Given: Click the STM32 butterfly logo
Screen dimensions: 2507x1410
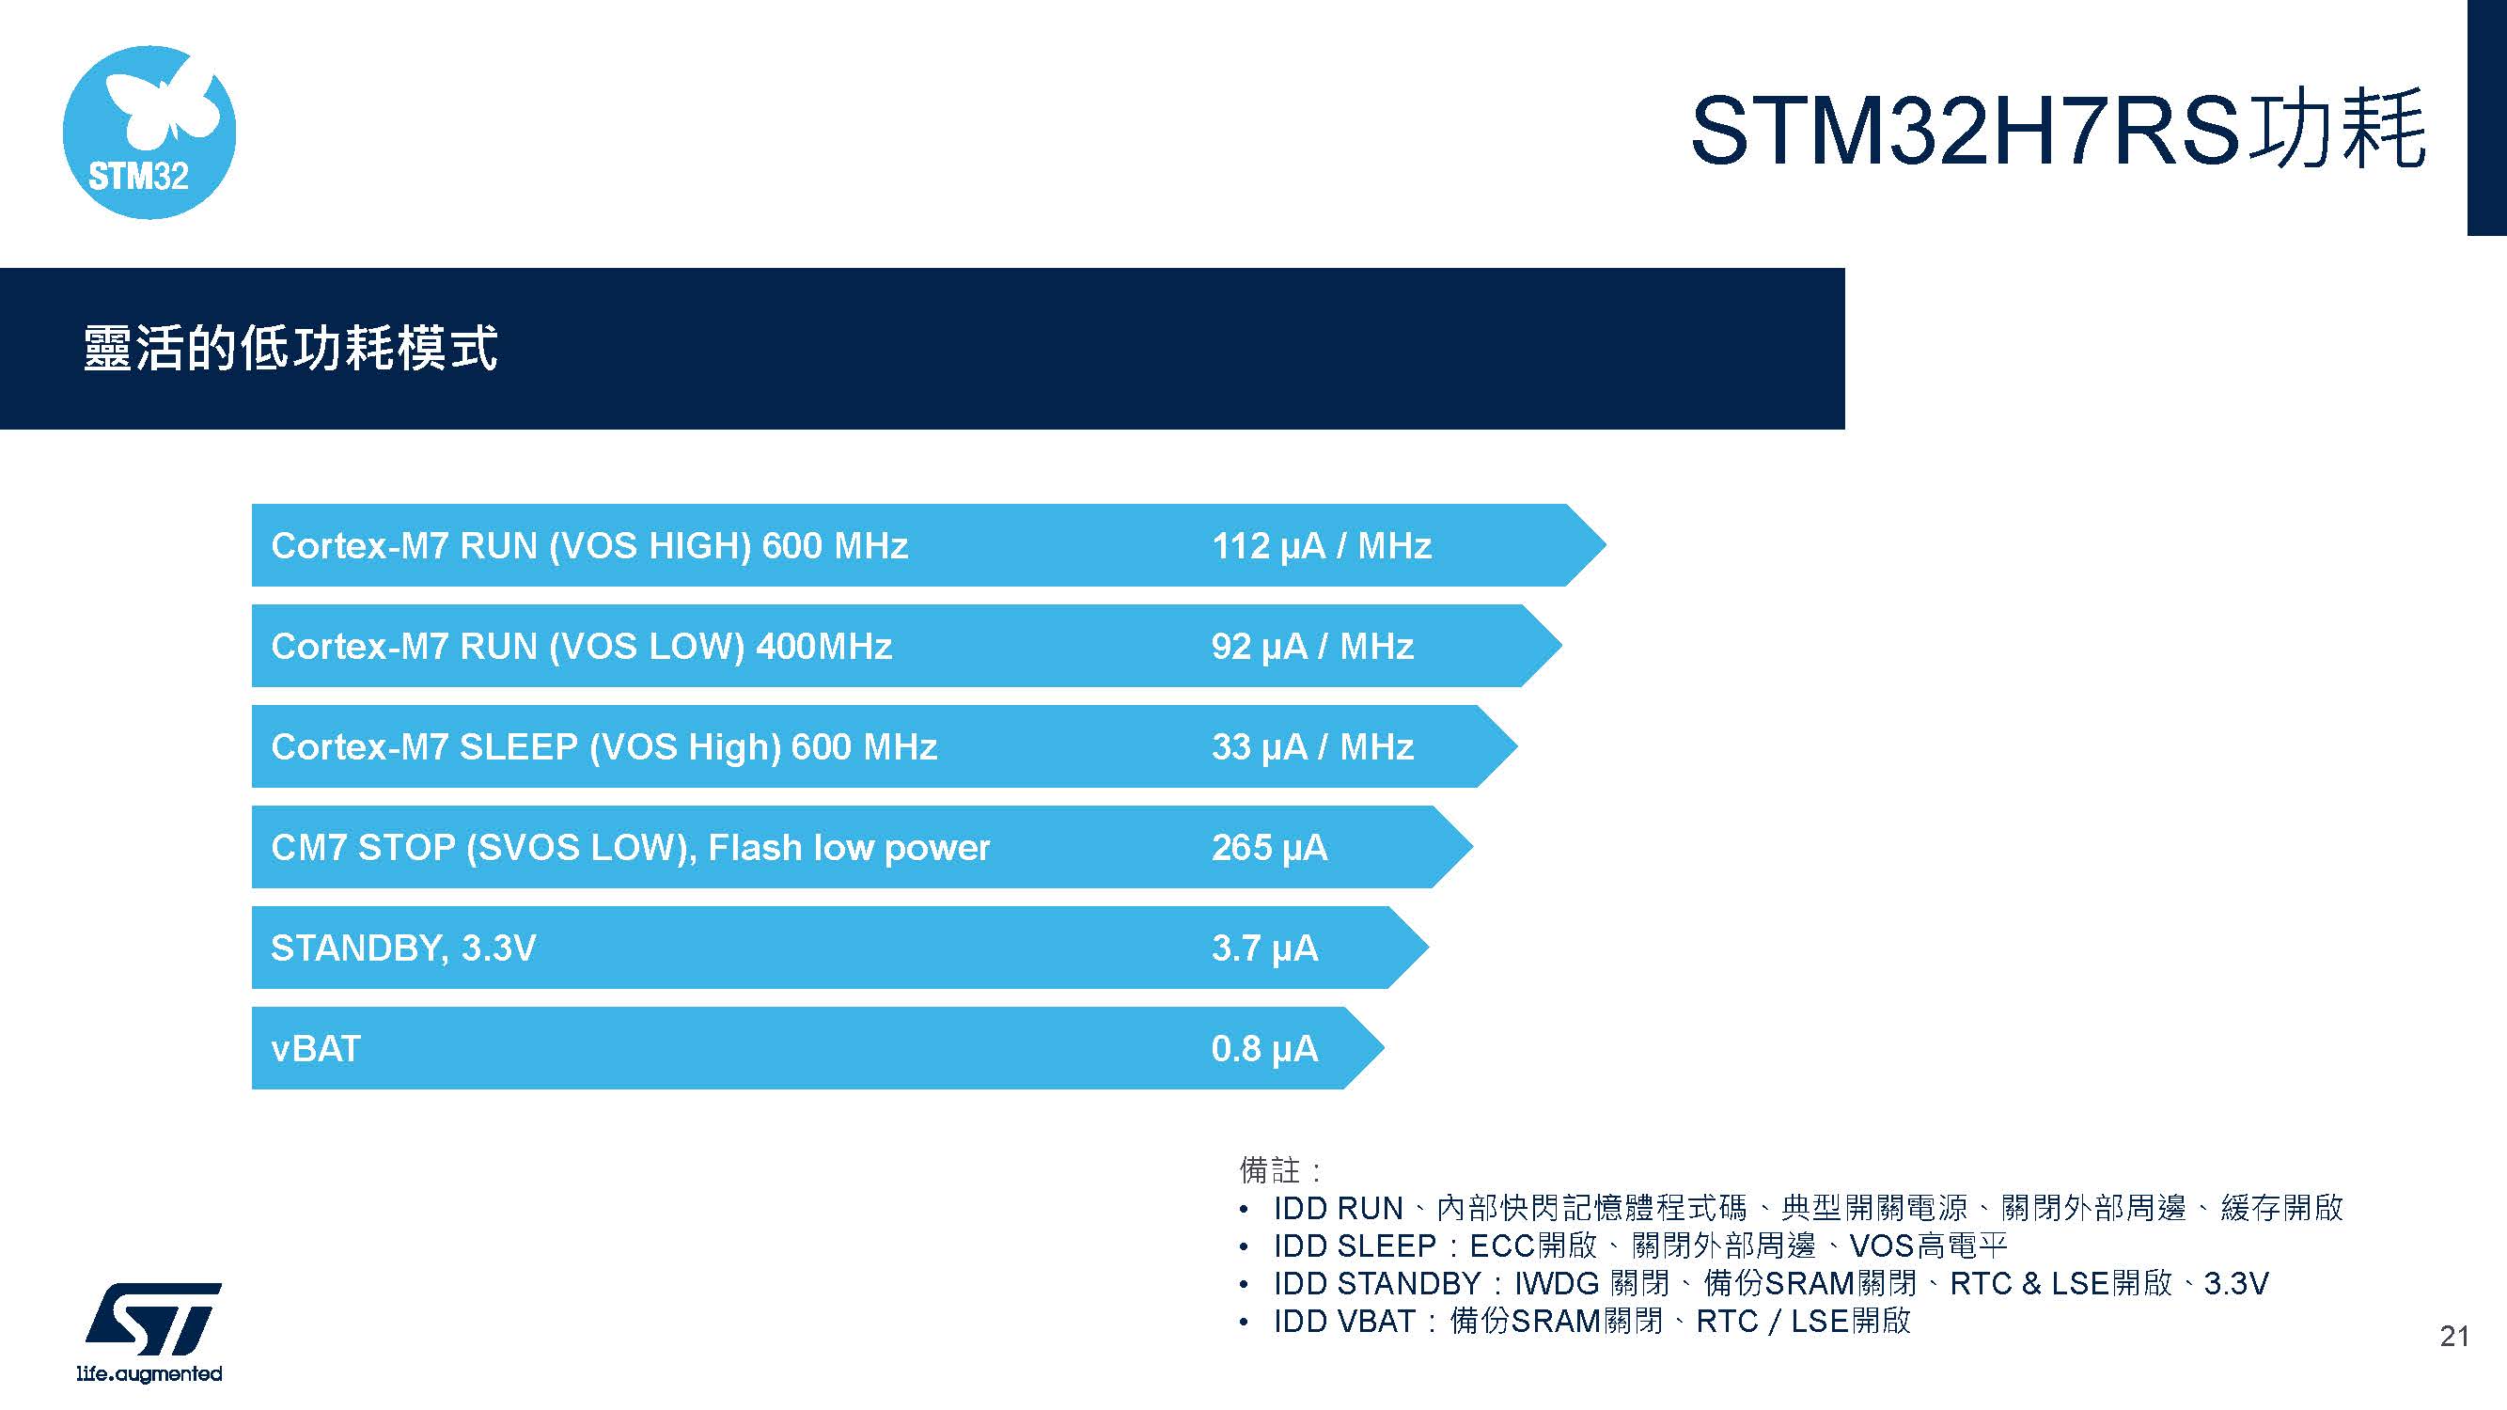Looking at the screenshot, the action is coord(149,133).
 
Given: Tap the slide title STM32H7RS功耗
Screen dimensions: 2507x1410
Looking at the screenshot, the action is coord(2058,131).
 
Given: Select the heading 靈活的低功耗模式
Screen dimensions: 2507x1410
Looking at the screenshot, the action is coord(290,349).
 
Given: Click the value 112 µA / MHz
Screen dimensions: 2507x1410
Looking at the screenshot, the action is coord(1321,546).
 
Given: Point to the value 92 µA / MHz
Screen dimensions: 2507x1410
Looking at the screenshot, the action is coord(1312,646).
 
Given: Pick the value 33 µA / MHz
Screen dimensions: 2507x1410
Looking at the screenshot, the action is coord(1312,747).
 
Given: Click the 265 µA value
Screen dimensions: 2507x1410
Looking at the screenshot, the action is coord(1269,848).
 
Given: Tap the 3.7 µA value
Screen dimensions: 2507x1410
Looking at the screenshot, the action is coord(1264,948).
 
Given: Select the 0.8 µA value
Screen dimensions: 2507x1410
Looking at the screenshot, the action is coord(1264,1049).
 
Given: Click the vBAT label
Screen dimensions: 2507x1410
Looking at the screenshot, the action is coord(315,1049).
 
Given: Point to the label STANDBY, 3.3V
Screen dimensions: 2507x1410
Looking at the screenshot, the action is coord(403,948).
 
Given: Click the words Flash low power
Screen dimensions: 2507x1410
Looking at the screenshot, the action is coord(849,848).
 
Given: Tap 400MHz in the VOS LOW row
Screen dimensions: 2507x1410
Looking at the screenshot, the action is coord(823,646).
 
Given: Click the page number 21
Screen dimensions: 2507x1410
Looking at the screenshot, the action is coord(2454,1336).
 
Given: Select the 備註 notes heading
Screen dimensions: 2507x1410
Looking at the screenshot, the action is coord(1270,1168).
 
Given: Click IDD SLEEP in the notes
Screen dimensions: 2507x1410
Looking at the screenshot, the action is coord(1355,1245).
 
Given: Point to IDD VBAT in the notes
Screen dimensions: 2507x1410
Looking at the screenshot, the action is coord(1344,1322).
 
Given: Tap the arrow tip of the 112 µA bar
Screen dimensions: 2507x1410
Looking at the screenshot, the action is coord(1606,545).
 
